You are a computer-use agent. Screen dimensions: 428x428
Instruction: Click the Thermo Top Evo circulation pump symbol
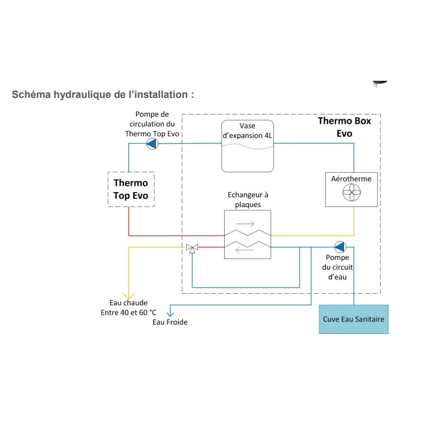point(152,143)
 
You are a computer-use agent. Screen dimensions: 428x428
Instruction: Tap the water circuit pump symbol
point(340,247)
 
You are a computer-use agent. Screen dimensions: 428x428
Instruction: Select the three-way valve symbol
point(192,247)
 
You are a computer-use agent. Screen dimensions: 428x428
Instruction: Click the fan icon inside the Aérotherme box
point(351,193)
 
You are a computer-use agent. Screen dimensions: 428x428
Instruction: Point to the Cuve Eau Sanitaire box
point(354,319)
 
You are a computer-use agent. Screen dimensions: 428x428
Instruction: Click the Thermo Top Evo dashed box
point(131,189)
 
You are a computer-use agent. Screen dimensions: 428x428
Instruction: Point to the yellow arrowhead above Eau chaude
point(128,295)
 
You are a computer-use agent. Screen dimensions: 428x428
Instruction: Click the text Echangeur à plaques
point(248,200)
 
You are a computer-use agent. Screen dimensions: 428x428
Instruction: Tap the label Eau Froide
point(170,322)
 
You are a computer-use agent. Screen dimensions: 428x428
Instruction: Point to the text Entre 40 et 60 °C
point(129,312)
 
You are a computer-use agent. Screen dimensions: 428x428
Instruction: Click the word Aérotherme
point(351,179)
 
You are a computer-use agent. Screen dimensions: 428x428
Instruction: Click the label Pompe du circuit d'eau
point(338,267)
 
